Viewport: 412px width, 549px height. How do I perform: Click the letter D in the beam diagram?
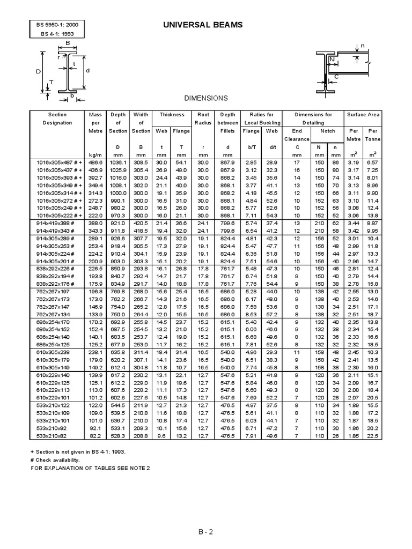pyautogui.click(x=38, y=71)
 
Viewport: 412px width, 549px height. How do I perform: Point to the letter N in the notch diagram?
pyautogui.click(x=333, y=59)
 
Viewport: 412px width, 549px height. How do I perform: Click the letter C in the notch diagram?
pyautogui.click(x=336, y=77)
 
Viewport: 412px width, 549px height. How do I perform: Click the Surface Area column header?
pyautogui.click(x=363, y=114)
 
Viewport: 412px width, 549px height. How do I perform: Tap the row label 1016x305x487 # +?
pyautogui.click(x=58, y=161)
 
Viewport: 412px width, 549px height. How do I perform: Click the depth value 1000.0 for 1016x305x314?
pyautogui.click(x=117, y=192)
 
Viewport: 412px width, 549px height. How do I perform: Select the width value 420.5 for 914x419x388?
pyautogui.click(x=141, y=222)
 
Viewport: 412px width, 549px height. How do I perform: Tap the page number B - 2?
pyautogui.click(x=206, y=532)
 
